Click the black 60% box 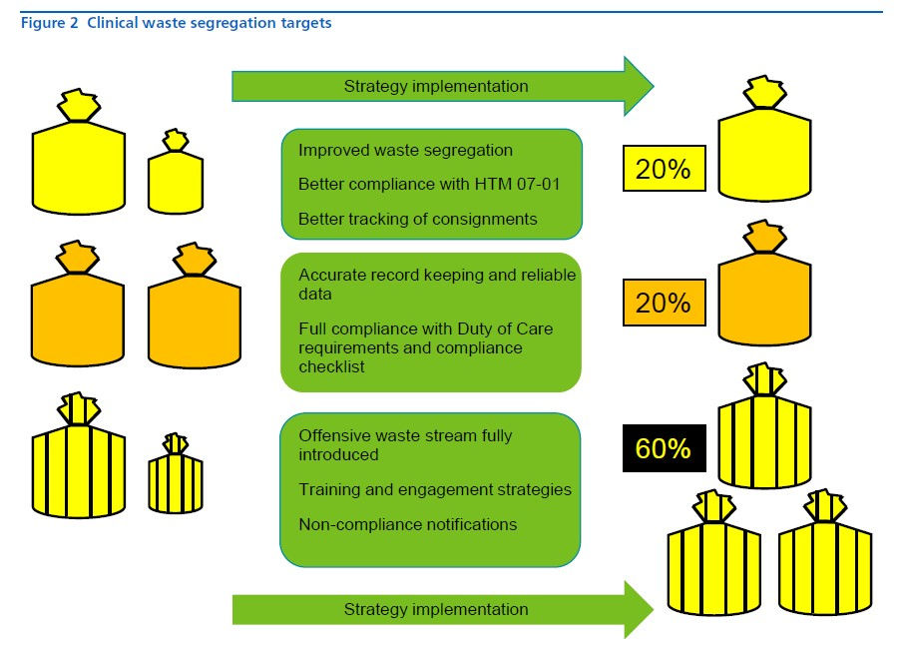(x=665, y=448)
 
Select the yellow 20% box (x=665, y=168)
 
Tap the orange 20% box (x=665, y=303)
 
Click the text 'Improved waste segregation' (x=405, y=150)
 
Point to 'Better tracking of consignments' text (x=417, y=219)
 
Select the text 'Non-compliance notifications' (x=408, y=524)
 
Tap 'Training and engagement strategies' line (x=435, y=489)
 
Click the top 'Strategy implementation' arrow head (x=639, y=86)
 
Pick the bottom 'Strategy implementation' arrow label (x=436, y=609)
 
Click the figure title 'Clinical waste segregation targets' (x=210, y=23)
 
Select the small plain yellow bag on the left (x=176, y=172)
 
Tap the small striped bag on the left (x=176, y=473)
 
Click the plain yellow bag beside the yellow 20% (x=764, y=139)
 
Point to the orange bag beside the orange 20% (x=764, y=283)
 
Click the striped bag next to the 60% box (x=764, y=425)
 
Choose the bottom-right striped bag (x=825, y=552)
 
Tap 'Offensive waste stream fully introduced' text (x=405, y=445)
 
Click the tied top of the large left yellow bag (x=79, y=105)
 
